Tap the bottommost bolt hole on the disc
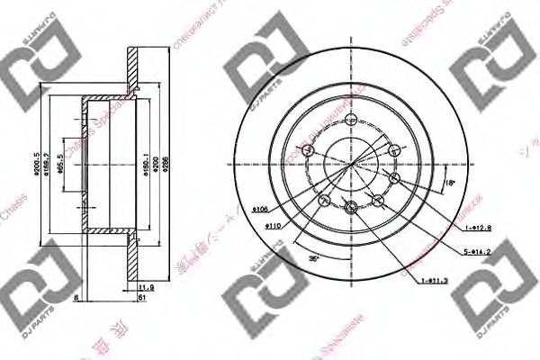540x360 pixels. point(352,211)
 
